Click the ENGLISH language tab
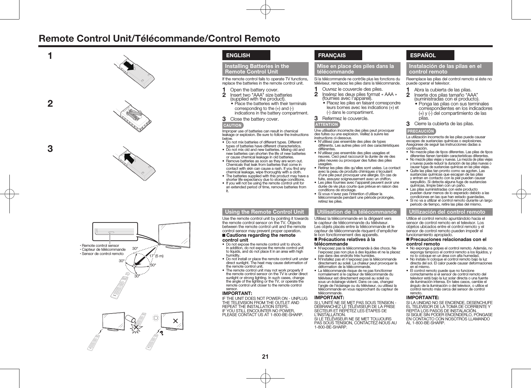[x=246, y=56]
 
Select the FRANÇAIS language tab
[x=338, y=56]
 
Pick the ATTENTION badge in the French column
[x=327, y=125]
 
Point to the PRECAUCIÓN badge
[x=421, y=131]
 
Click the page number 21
[x=265, y=357]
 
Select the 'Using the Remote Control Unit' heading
[x=265, y=212]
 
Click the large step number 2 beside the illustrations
[x=50, y=104]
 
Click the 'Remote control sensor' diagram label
[x=100, y=246]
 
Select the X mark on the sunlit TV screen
[x=176, y=321]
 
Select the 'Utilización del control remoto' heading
[x=449, y=212]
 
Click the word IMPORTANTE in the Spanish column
[x=423, y=298]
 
